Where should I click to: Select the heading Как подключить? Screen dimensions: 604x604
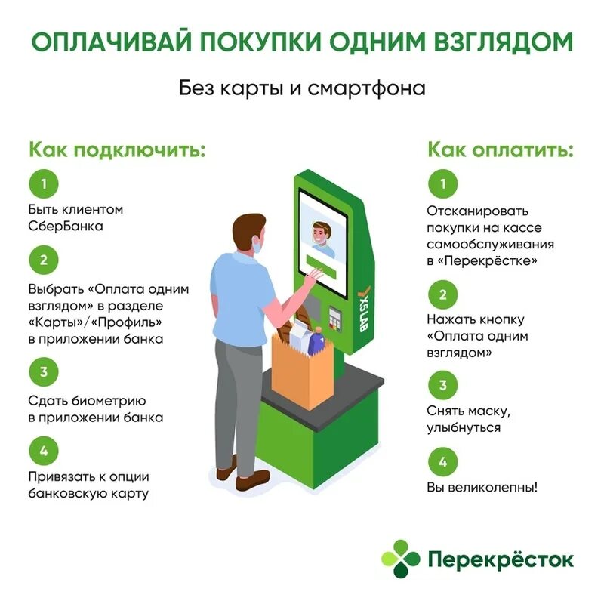(x=117, y=148)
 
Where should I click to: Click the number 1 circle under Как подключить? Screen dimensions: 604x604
(x=44, y=183)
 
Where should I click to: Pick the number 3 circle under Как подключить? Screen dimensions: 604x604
(x=44, y=371)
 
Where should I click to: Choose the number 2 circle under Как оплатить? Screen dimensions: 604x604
(x=442, y=294)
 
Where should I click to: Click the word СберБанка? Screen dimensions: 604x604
(x=66, y=226)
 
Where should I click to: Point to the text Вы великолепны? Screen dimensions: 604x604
(x=482, y=487)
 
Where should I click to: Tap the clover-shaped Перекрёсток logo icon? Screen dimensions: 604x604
(x=400, y=559)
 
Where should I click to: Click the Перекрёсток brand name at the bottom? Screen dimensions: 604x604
(x=501, y=560)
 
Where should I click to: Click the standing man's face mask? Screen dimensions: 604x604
(x=257, y=244)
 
